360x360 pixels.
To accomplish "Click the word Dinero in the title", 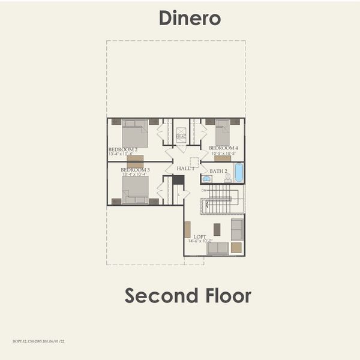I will (190, 18).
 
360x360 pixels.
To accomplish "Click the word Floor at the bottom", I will (227, 295).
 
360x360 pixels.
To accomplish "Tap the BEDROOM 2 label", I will (123, 149).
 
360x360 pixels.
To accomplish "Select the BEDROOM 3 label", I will (135, 170).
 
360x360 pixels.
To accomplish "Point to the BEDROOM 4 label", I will (223, 148).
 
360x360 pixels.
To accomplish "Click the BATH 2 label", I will (218, 171).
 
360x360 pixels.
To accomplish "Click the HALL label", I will (184, 169).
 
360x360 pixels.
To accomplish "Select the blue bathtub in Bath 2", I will (239, 173).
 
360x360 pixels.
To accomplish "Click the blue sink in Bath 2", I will (206, 178).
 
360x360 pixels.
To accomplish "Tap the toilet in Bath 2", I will (227, 178).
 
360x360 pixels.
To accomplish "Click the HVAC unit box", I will (181, 137).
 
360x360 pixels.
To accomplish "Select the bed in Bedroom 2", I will (135, 134).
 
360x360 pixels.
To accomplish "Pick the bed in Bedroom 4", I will (223, 133).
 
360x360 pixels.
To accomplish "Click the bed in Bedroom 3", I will (135, 190).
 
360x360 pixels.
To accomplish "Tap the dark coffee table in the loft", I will (217, 229).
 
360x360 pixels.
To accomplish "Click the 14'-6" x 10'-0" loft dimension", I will (200, 241).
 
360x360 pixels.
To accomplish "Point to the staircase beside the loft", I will (223, 199).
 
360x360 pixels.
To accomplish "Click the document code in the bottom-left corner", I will (38, 341).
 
